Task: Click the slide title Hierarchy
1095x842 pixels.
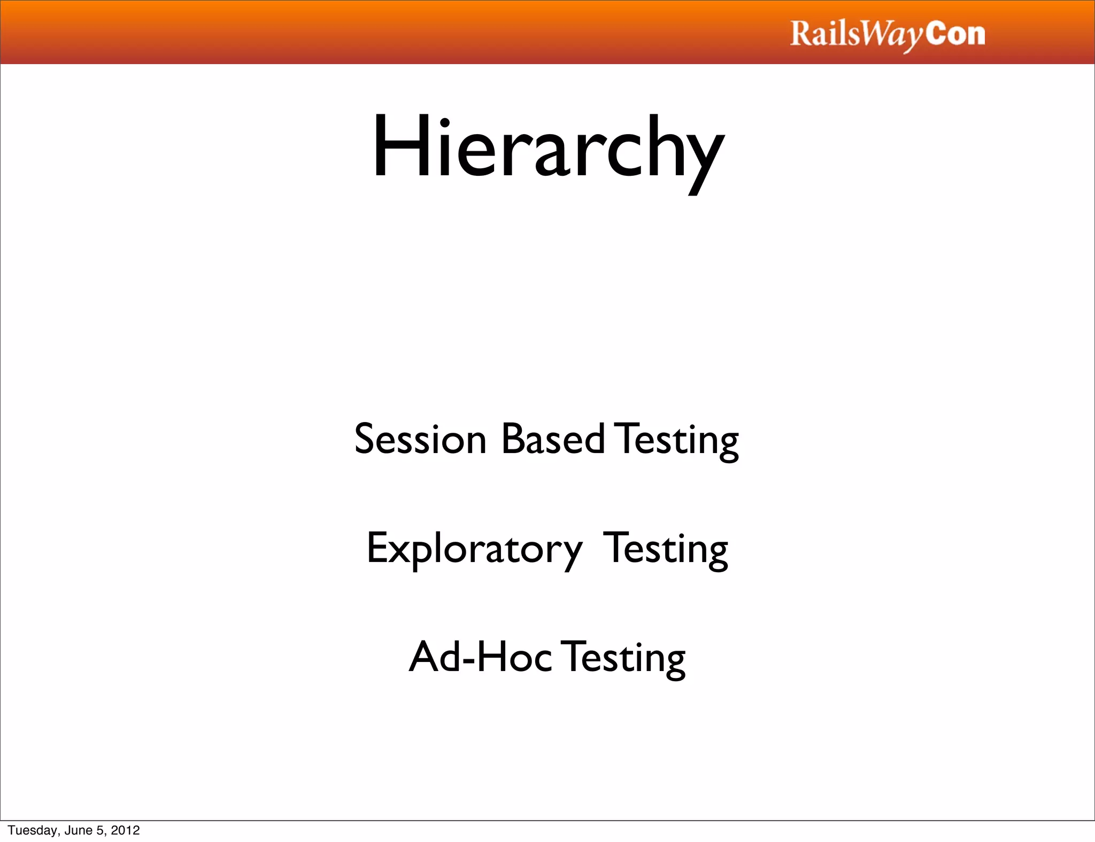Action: coord(547,147)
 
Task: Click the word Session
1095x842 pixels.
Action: coord(420,439)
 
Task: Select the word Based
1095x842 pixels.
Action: coord(553,439)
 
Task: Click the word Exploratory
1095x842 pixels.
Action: coord(474,549)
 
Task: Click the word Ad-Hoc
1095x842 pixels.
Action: coord(480,657)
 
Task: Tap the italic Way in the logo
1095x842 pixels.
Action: coord(892,35)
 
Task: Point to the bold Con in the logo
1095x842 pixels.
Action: coord(955,34)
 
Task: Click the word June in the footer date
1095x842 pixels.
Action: coord(78,830)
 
